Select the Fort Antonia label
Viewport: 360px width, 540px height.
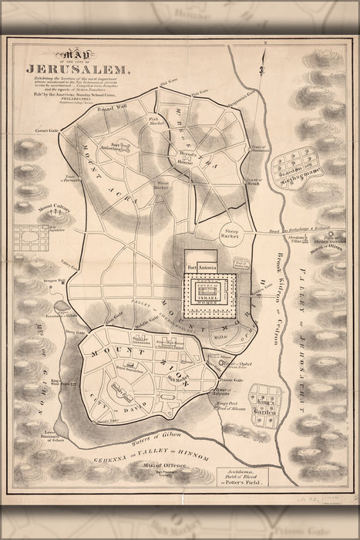pyautogui.click(x=203, y=268)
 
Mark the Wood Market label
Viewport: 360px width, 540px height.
pyautogui.click(x=162, y=184)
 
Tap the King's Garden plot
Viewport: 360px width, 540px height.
pyautogui.click(x=265, y=400)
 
